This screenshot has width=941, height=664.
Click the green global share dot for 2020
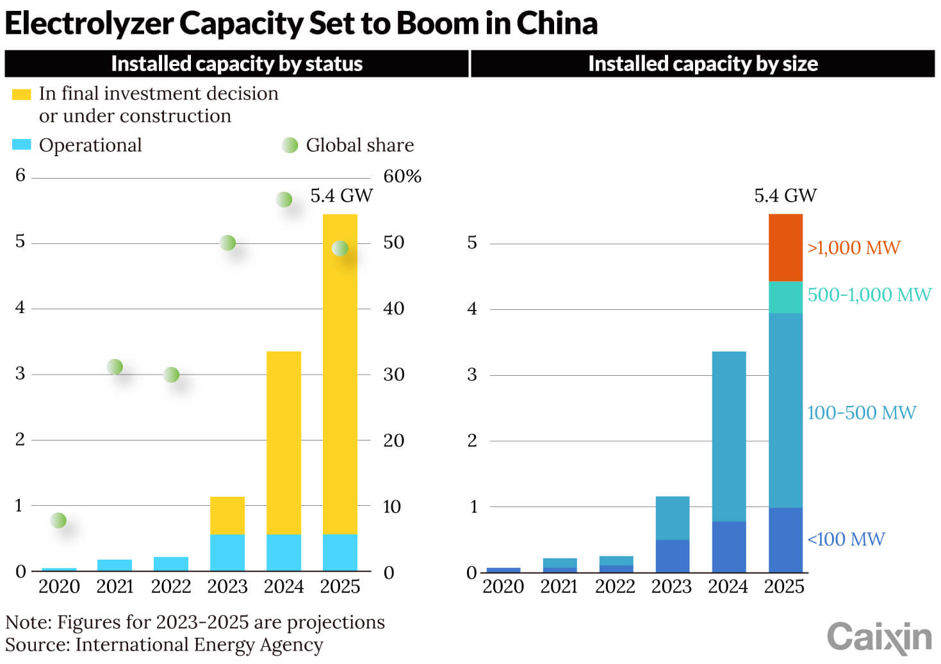point(58,520)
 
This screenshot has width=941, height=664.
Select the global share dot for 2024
point(284,199)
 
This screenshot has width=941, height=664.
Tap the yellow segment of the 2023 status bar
point(227,515)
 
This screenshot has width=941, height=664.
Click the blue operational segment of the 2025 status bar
point(340,552)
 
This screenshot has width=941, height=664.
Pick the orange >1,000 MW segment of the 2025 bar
point(785,248)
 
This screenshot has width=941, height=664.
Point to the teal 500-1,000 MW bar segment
point(785,297)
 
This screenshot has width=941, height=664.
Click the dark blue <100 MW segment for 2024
point(729,546)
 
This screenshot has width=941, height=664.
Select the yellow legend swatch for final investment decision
point(21,95)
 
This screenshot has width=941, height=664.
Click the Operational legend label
point(90,145)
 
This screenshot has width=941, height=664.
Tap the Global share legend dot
point(290,145)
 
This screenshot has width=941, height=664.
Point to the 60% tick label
point(402,176)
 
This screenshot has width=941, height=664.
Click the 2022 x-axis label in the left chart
point(171,587)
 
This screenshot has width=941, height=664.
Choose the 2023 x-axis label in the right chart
point(671,587)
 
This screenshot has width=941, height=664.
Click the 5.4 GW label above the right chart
point(785,195)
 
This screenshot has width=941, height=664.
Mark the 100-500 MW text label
point(862,412)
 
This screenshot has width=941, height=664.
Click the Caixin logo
point(879,636)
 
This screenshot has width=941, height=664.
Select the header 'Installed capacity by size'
point(703,64)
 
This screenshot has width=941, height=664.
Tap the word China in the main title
point(557,24)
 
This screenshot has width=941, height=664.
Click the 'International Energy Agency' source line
point(199,645)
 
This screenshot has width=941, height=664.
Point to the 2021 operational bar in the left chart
point(115,565)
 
